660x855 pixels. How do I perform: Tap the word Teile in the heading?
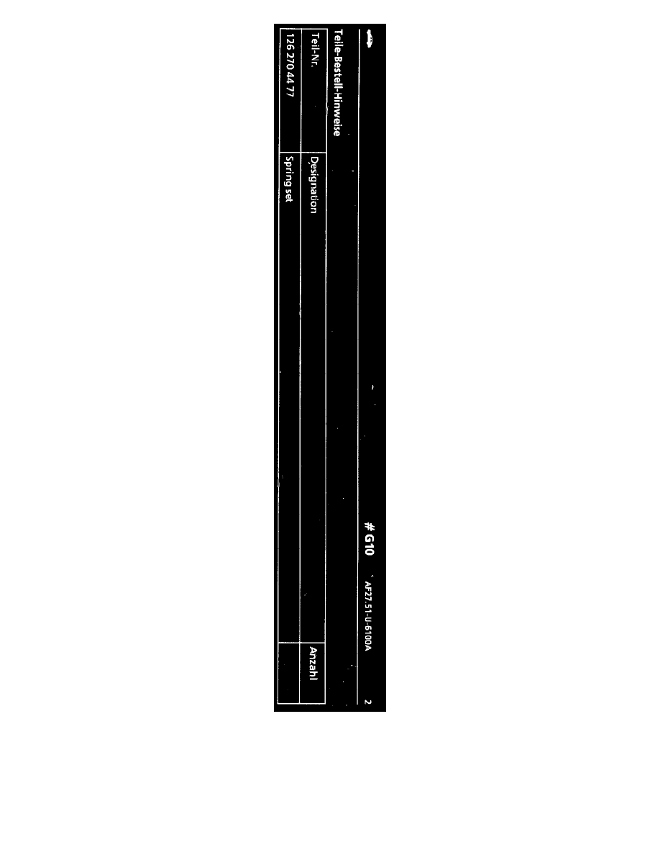338,40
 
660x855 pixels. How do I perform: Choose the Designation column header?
313,185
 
